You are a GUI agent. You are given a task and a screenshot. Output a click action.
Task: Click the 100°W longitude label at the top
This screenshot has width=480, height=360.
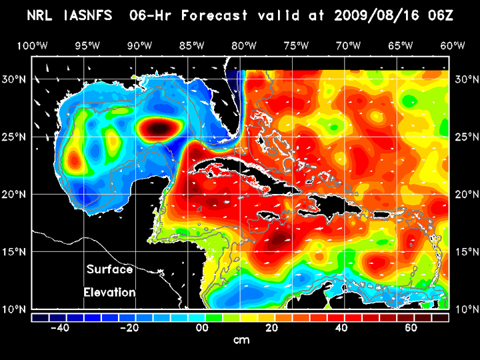coord(31,45)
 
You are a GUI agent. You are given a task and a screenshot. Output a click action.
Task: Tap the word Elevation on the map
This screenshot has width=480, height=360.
coord(110,292)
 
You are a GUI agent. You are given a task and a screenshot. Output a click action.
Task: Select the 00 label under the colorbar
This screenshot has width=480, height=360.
coord(199,328)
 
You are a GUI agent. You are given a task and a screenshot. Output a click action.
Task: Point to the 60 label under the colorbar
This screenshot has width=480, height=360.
coord(411,328)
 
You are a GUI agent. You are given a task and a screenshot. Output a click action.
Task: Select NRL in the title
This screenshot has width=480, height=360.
coord(41,15)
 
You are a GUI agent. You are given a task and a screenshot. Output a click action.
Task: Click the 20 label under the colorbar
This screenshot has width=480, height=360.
coord(271,328)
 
